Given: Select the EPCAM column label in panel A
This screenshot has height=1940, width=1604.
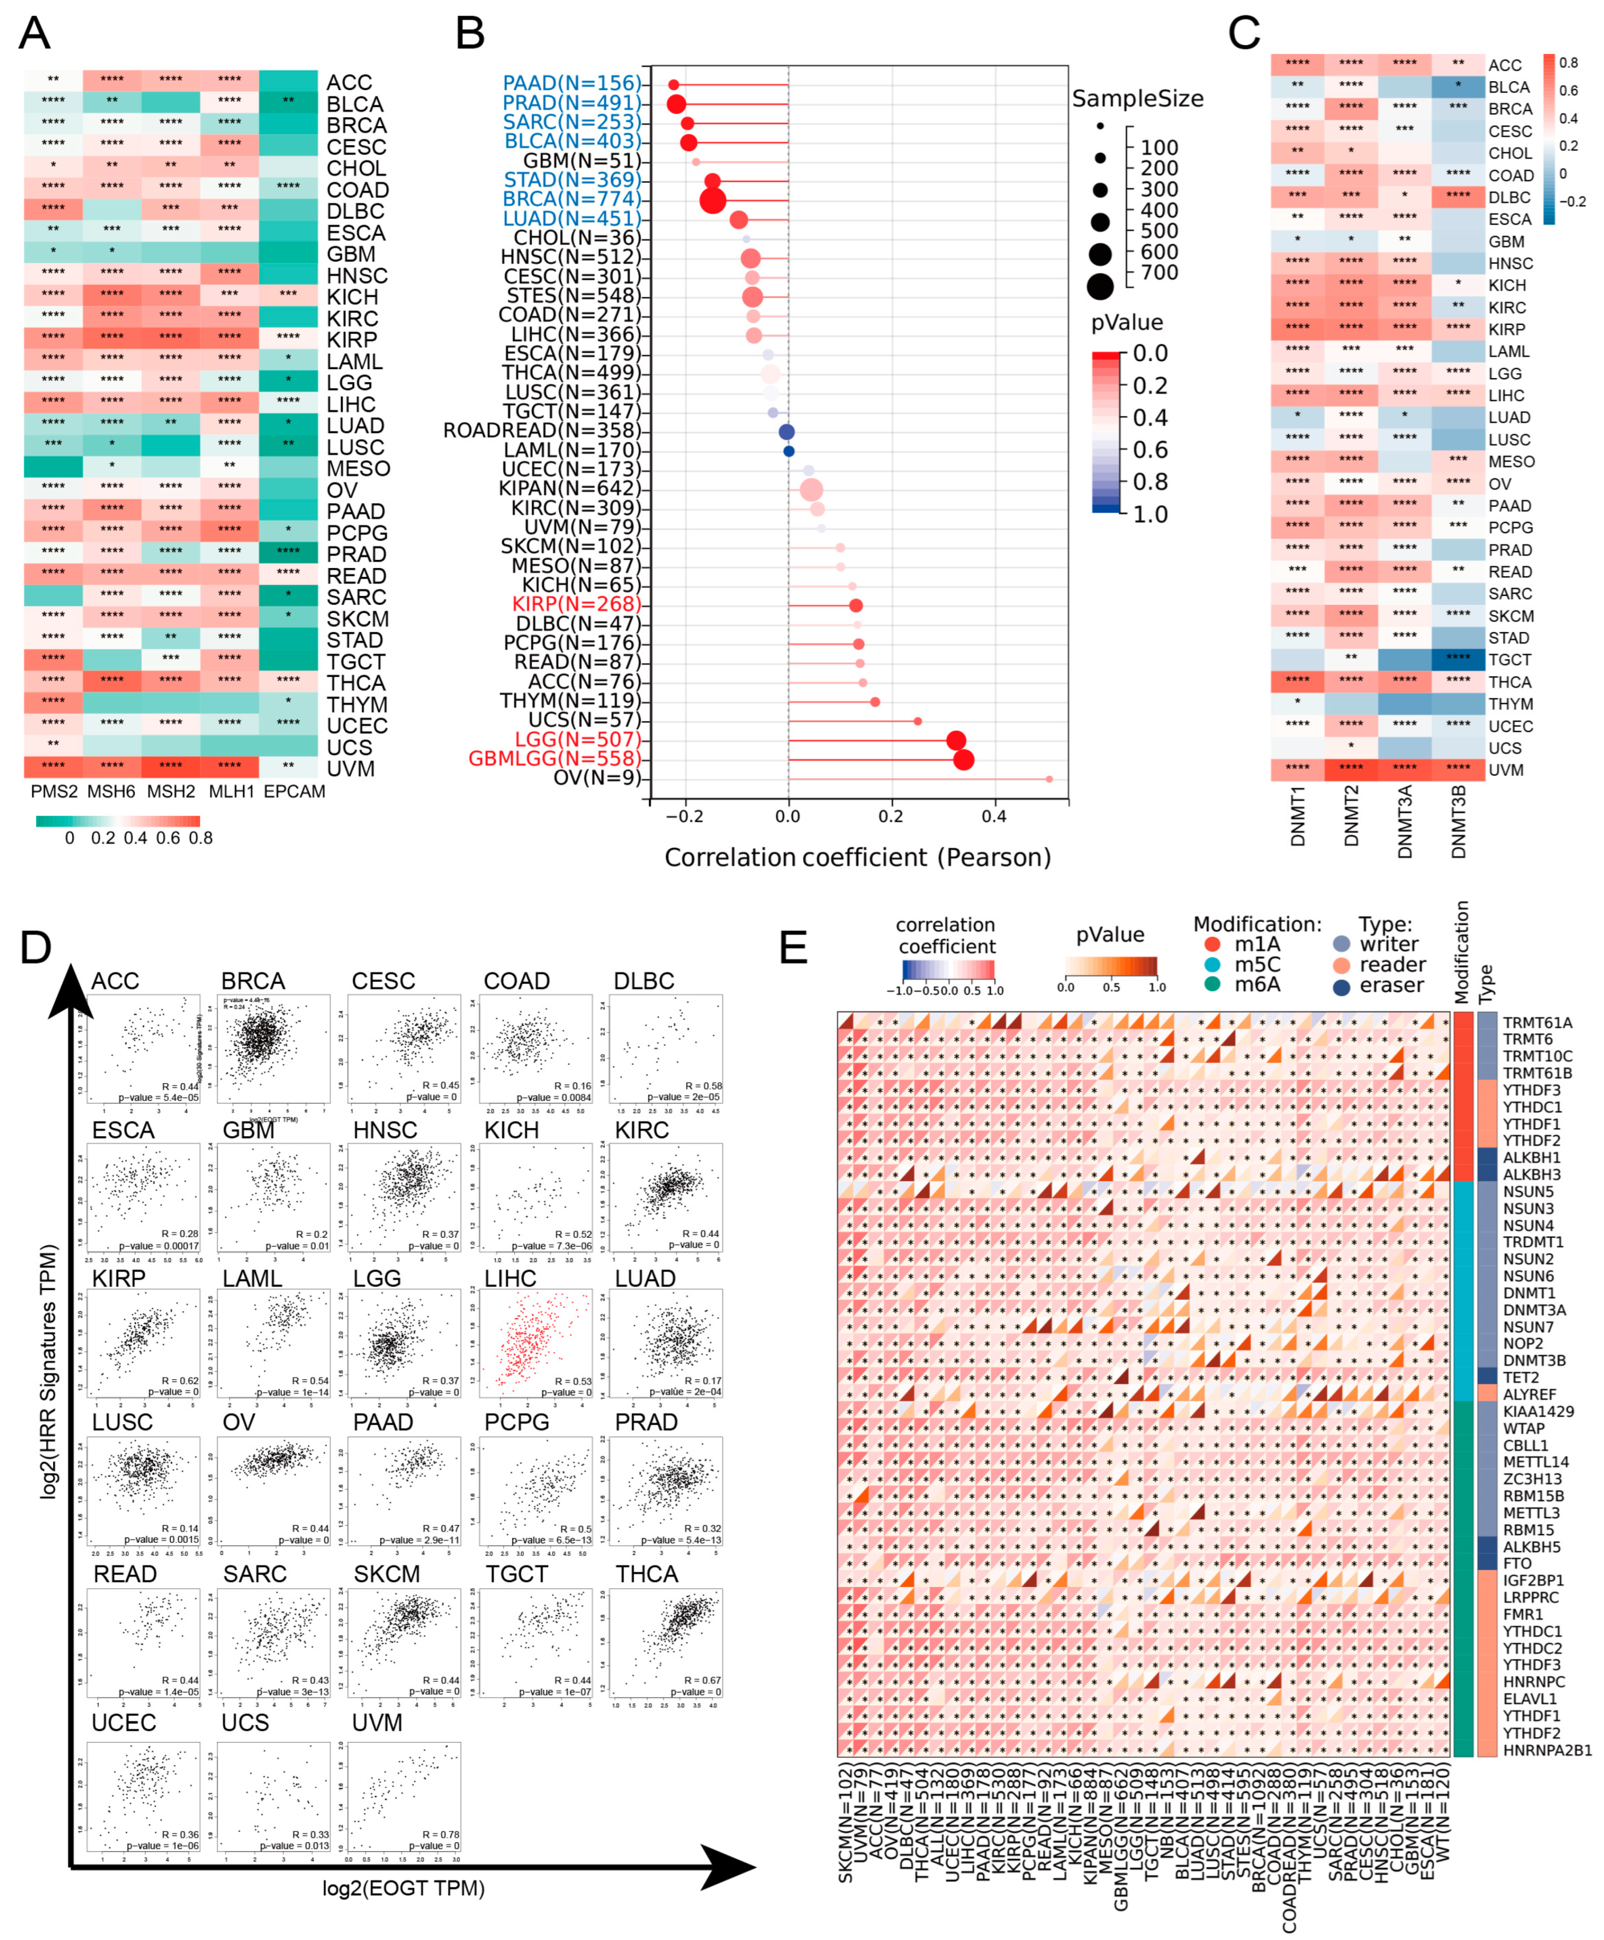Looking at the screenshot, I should (294, 792).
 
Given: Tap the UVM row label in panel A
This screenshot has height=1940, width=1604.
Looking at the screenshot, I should (350, 769).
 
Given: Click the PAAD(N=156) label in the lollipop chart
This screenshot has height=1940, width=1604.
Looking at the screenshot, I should (571, 83).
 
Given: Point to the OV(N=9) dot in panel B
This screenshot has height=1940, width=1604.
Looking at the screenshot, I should (1049, 779).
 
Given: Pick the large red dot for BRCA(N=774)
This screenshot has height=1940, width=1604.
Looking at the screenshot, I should (712, 200).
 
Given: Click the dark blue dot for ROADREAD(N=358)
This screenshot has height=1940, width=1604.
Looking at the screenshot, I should (786, 431).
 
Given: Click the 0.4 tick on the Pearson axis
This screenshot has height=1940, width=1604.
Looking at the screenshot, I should (994, 817).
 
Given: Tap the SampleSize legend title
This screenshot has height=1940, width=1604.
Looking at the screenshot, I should (1138, 99).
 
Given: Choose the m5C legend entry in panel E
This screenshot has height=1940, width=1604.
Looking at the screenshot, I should (1257, 965).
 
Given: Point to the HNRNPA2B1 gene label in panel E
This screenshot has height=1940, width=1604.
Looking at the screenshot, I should (1547, 1750).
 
